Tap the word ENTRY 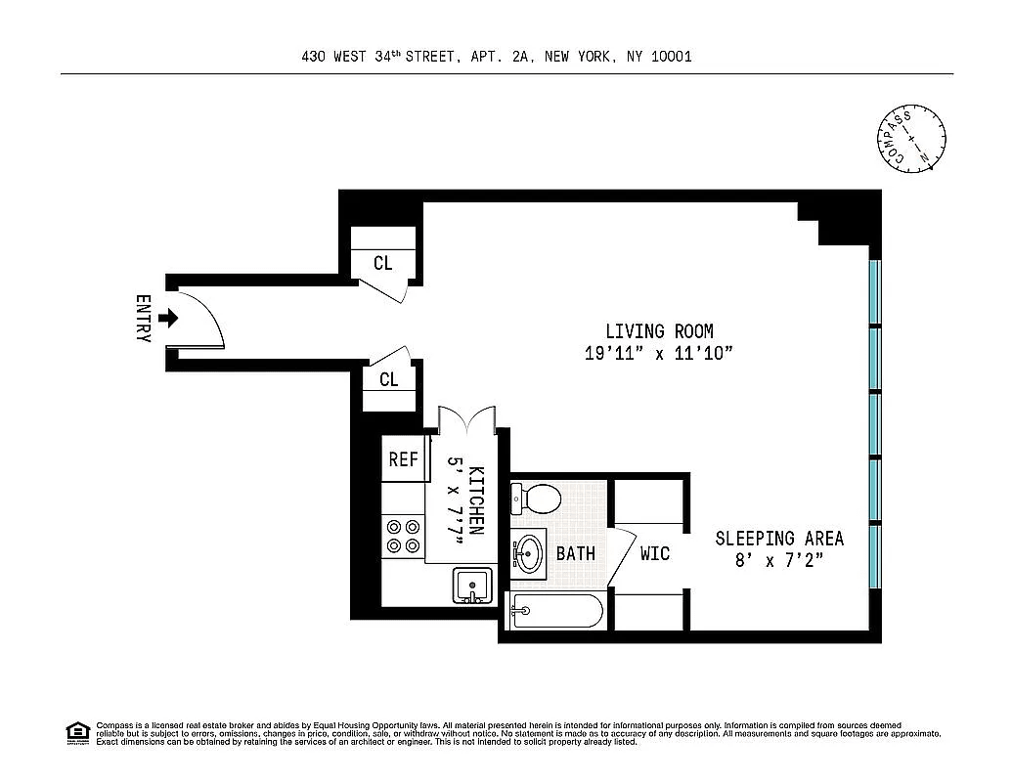click(x=143, y=318)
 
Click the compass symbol click(x=909, y=139)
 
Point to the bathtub click(x=554, y=613)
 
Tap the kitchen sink click(x=475, y=586)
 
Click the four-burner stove click(x=403, y=535)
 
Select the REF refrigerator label click(x=403, y=459)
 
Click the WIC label click(x=654, y=554)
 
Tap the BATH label click(x=575, y=554)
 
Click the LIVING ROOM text click(x=658, y=331)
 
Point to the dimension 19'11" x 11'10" click(x=658, y=354)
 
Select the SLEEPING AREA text click(x=778, y=539)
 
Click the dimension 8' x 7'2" click(x=778, y=561)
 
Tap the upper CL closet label click(x=382, y=264)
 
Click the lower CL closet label click(x=388, y=379)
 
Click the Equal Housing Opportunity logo click(x=76, y=732)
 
